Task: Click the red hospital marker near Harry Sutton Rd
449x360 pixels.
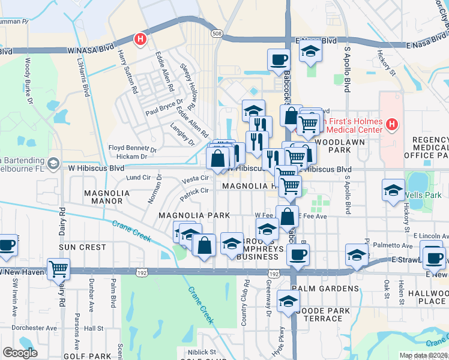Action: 140,40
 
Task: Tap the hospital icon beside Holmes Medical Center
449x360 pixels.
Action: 392,125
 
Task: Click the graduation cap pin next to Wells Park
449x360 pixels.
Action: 393,191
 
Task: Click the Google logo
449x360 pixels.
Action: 20,353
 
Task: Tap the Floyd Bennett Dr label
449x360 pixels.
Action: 132,148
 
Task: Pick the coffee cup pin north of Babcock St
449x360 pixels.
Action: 278,60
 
